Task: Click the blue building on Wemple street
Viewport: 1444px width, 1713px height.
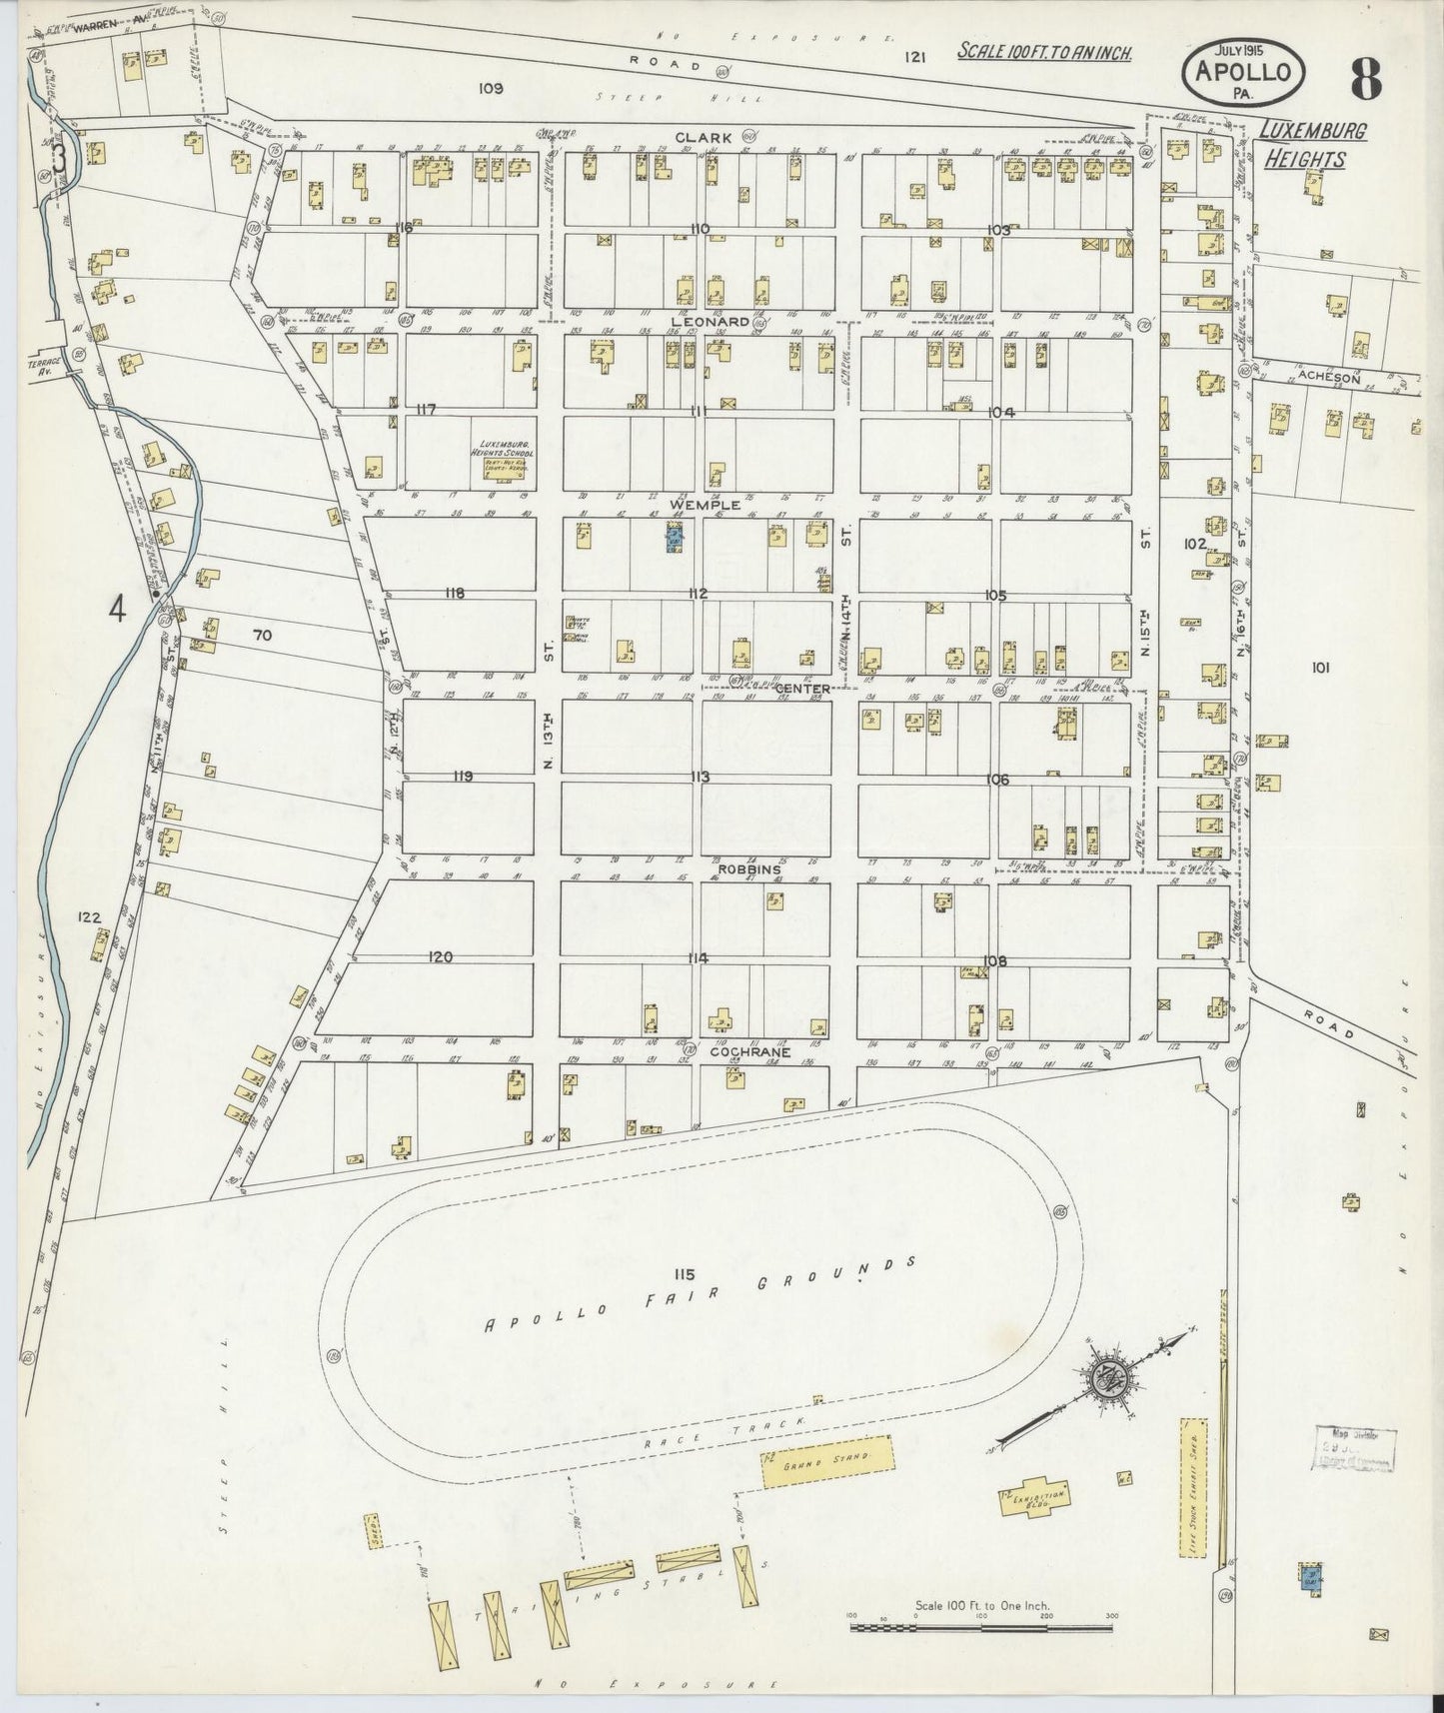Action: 675,541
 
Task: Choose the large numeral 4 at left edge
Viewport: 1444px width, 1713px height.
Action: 117,610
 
